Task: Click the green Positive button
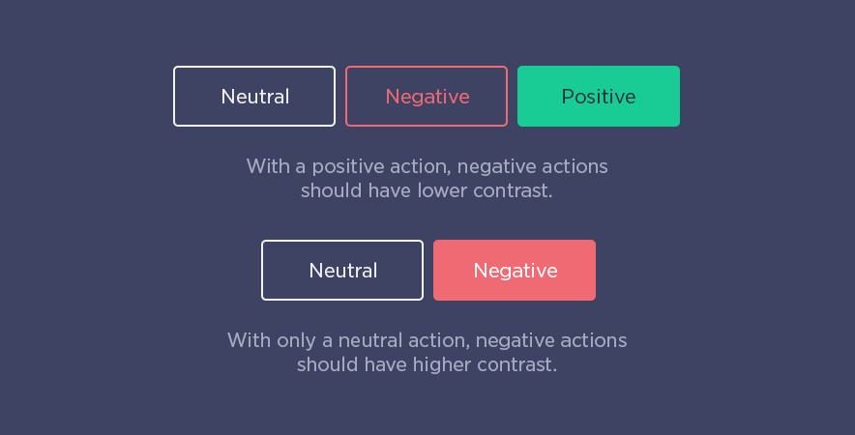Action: [598, 96]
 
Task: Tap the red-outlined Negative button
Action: [427, 96]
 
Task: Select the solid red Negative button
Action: [515, 270]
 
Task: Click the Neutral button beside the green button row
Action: [254, 96]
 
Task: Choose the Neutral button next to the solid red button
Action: [342, 270]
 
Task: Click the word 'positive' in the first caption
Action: [348, 167]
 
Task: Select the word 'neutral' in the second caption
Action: [370, 340]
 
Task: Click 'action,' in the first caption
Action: [421, 167]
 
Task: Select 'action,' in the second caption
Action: [439, 340]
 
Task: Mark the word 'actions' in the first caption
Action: [575, 167]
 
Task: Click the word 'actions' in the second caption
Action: [594, 340]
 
